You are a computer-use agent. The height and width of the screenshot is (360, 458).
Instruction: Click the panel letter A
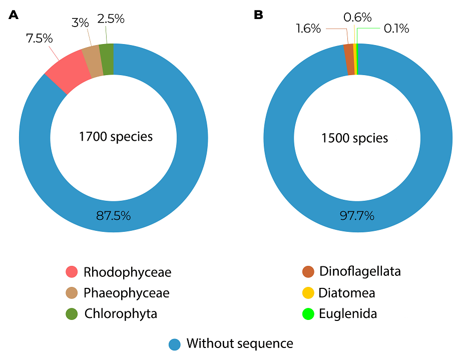(14, 15)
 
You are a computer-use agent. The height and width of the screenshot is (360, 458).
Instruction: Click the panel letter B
(258, 15)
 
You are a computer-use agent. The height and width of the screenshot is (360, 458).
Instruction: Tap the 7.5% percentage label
(40, 39)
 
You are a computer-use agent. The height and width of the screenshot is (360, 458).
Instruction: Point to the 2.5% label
(111, 19)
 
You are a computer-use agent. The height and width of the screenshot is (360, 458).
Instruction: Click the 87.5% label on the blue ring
(113, 216)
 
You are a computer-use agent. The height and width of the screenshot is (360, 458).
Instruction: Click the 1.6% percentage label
(308, 29)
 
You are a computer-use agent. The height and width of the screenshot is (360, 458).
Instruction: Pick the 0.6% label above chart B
(357, 18)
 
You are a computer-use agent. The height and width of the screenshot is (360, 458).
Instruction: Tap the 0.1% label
(396, 29)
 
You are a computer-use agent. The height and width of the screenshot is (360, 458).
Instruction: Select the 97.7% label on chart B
(357, 216)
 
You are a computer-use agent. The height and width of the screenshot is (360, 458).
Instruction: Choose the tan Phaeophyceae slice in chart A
(92, 61)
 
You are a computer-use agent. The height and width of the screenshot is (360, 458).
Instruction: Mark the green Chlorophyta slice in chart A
(107, 59)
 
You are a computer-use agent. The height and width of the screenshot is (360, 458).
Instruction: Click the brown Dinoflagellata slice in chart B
(349, 60)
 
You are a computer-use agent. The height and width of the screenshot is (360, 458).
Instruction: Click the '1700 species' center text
(116, 136)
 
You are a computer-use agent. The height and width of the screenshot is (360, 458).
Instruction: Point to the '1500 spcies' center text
(355, 138)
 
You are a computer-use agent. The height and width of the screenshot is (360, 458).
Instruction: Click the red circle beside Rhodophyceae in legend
(72, 272)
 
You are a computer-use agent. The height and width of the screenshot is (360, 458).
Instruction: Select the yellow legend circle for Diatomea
(308, 293)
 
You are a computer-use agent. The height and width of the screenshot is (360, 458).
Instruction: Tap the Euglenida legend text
(347, 314)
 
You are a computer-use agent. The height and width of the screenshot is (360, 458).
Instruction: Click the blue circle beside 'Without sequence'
(175, 344)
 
